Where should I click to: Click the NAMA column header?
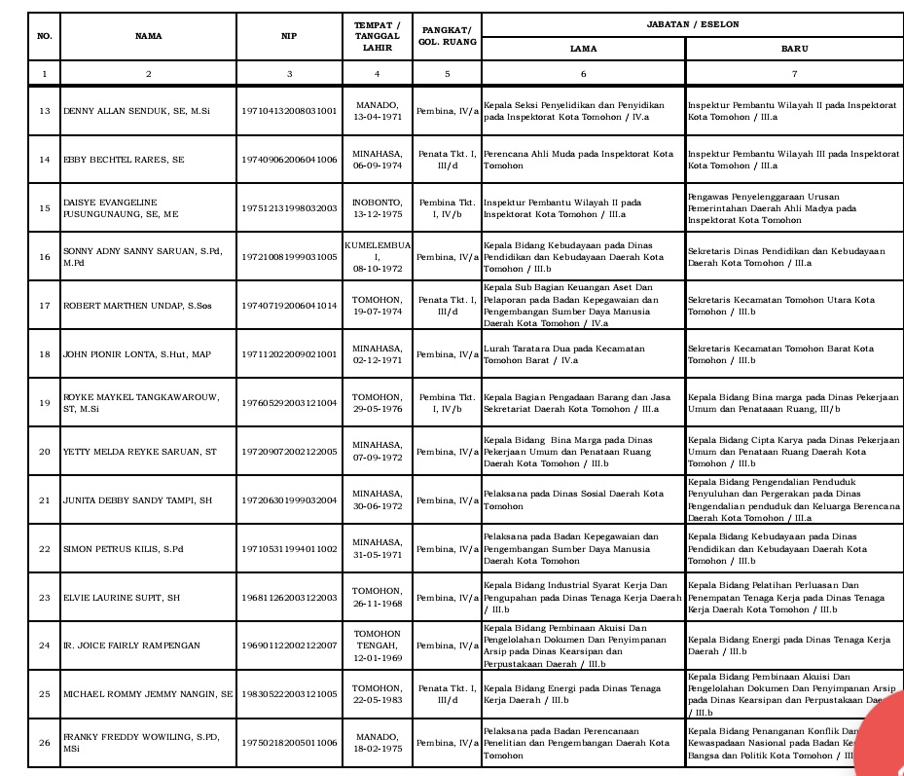[x=148, y=36]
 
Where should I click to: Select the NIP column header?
[x=289, y=36]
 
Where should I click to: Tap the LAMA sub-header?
[x=583, y=47]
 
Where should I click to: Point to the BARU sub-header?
[x=794, y=47]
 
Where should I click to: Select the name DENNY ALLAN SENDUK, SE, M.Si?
[x=136, y=111]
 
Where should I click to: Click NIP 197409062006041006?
[x=289, y=160]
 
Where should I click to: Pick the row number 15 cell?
[x=44, y=208]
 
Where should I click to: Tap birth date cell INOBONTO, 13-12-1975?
[x=377, y=208]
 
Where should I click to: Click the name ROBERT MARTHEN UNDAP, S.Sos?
[x=136, y=306]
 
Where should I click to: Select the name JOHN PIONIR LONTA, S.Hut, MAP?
[x=136, y=354]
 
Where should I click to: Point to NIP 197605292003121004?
[x=289, y=403]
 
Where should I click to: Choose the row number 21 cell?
[x=44, y=500]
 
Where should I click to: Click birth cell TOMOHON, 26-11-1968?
[x=377, y=597]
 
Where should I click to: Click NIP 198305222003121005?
[x=289, y=694]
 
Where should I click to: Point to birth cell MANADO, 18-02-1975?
[x=377, y=743]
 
